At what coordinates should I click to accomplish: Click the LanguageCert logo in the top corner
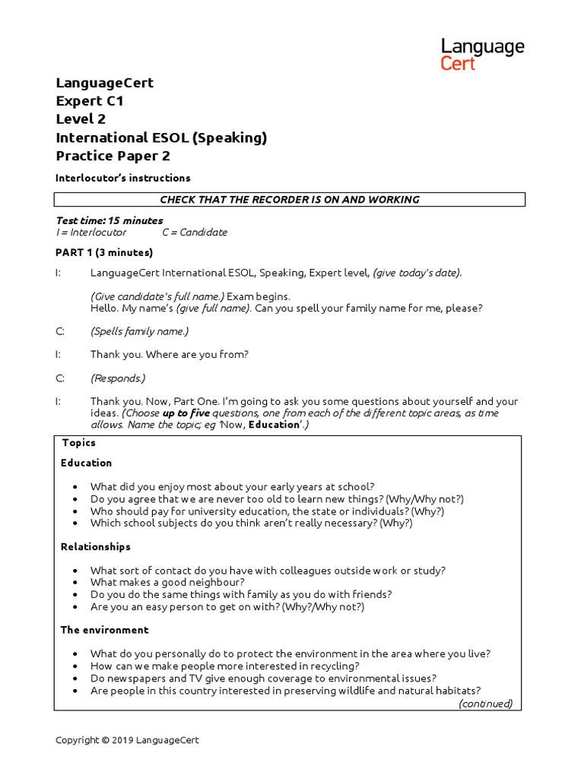[482, 55]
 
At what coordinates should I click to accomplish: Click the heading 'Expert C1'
[90, 101]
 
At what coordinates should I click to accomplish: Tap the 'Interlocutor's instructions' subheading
[123, 178]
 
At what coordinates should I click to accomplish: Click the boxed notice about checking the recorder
[289, 200]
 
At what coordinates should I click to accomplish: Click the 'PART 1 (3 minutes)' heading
[104, 252]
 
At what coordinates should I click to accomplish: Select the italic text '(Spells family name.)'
[139, 331]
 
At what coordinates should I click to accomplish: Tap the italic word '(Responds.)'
[118, 378]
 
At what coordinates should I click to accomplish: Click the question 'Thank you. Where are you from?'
[170, 354]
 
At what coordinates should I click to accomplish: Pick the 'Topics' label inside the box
[79, 443]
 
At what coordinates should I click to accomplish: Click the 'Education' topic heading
[86, 463]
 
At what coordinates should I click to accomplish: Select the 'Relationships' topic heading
[96, 546]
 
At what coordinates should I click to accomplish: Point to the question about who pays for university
[267, 511]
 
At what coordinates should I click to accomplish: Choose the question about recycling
[225, 666]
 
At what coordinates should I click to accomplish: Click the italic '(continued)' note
[485, 704]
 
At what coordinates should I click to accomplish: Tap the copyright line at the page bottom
[128, 740]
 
